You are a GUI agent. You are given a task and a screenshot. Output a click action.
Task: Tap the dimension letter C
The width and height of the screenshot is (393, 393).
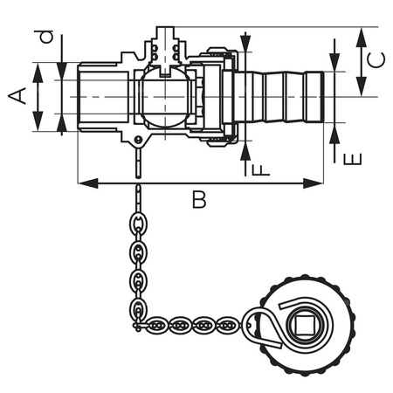[x=373, y=60]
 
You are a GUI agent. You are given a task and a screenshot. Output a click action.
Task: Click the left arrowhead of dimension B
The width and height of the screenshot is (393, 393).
[x=84, y=183]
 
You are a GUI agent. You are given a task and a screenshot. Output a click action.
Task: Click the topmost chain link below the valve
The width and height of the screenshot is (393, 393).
[x=138, y=191]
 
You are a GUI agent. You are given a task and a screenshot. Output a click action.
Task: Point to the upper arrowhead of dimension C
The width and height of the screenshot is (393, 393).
[x=361, y=32]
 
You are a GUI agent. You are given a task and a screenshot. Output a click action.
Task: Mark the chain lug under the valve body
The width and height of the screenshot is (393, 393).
[x=138, y=142]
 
